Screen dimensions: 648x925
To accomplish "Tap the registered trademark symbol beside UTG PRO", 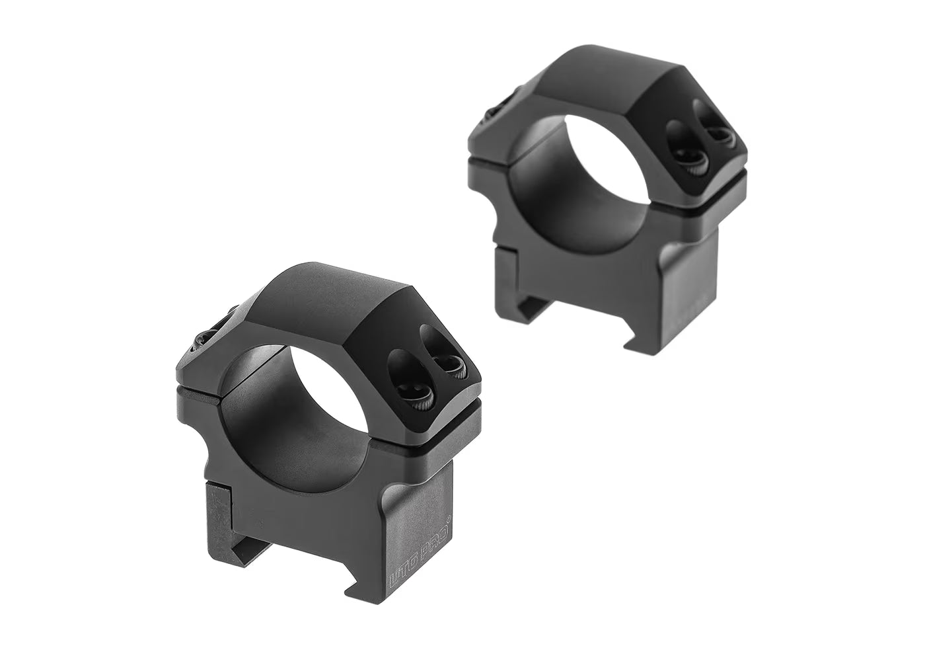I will pos(449,520).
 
